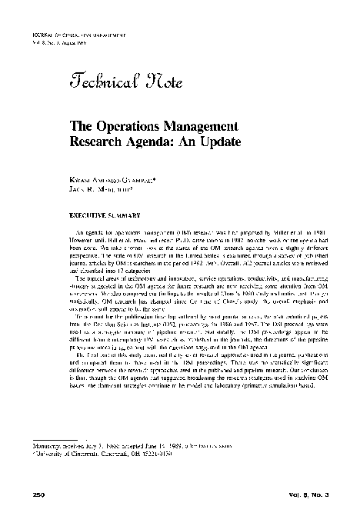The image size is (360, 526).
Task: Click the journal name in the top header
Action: (x=68, y=36)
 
